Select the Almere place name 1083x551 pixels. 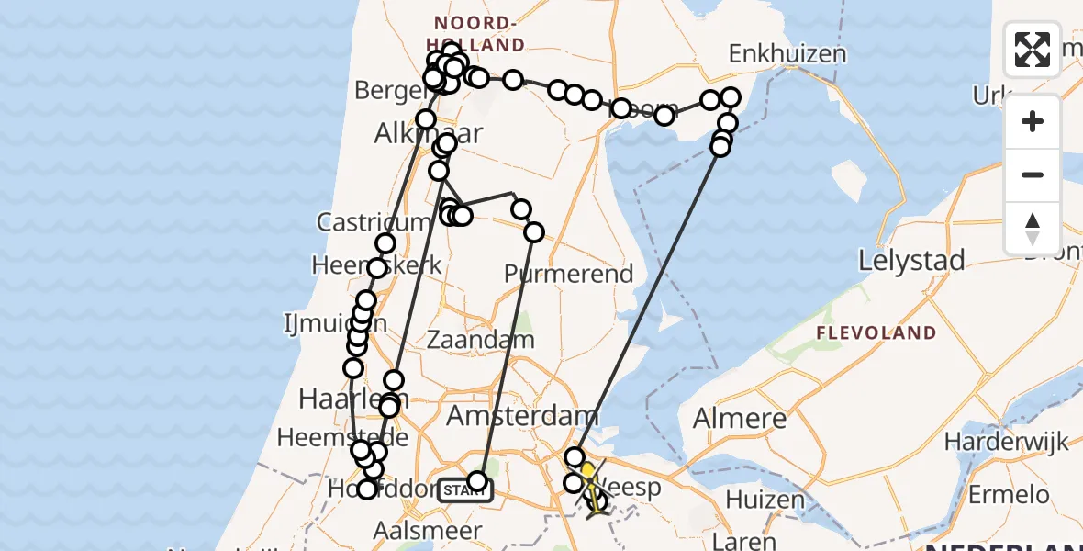pos(740,419)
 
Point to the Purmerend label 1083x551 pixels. pos(569,274)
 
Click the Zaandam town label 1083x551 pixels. pos(481,340)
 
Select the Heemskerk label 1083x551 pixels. pos(376,265)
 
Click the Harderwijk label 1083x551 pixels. pos(1018,443)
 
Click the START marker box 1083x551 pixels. pos(464,490)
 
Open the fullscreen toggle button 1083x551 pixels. pos(1033,50)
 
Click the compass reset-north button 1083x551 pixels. pos(1033,228)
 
